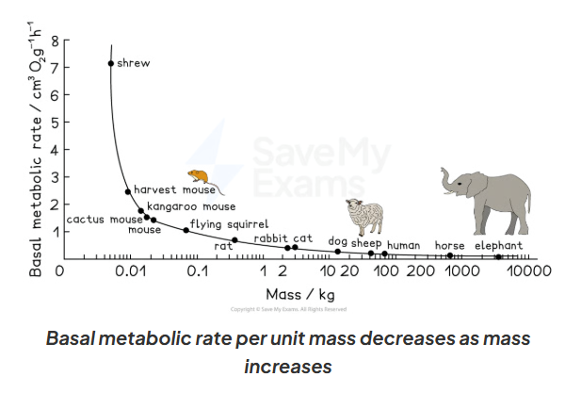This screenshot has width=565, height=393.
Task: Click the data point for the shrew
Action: [111, 63]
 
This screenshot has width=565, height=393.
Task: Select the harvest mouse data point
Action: [127, 192]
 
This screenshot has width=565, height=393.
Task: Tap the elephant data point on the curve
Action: [498, 256]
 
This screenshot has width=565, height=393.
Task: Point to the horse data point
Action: [449, 255]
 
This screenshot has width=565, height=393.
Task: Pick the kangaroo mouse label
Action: [191, 205]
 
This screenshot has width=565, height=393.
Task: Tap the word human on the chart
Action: [403, 245]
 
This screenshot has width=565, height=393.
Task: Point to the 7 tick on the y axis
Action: [55, 67]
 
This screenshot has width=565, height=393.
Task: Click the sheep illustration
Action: [364, 216]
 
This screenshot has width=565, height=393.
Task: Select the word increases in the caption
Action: [287, 365]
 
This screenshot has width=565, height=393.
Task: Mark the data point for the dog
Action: [337, 252]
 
